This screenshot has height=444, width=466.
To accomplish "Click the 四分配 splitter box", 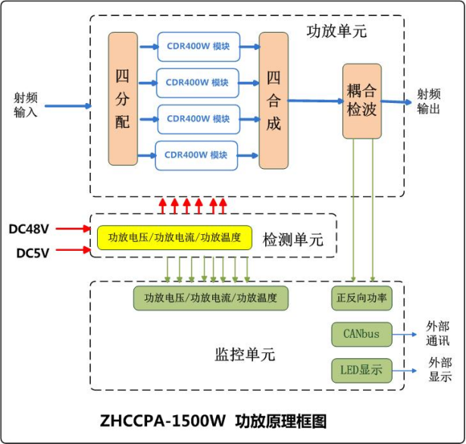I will pyautogui.click(x=123, y=98).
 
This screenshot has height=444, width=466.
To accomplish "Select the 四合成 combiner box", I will pyautogui.click(x=274, y=100).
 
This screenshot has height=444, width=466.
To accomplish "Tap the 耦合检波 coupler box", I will pyautogui.click(x=361, y=101).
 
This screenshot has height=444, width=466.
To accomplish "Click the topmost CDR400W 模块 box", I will pyautogui.click(x=198, y=46).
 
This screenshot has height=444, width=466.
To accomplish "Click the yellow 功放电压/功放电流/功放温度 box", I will pyautogui.click(x=174, y=238).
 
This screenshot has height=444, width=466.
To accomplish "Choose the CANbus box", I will pyautogui.click(x=361, y=333).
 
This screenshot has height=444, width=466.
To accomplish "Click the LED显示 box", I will pyautogui.click(x=361, y=371).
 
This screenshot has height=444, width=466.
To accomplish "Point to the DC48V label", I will pyautogui.click(x=29, y=228).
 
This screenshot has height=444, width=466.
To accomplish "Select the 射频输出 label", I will pyautogui.click(x=428, y=102).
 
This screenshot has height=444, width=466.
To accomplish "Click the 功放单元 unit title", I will pyautogui.click(x=336, y=32).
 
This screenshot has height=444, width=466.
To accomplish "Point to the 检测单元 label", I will pyautogui.click(x=292, y=240).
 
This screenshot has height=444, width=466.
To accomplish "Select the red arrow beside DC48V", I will pyautogui.click(x=73, y=228).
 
